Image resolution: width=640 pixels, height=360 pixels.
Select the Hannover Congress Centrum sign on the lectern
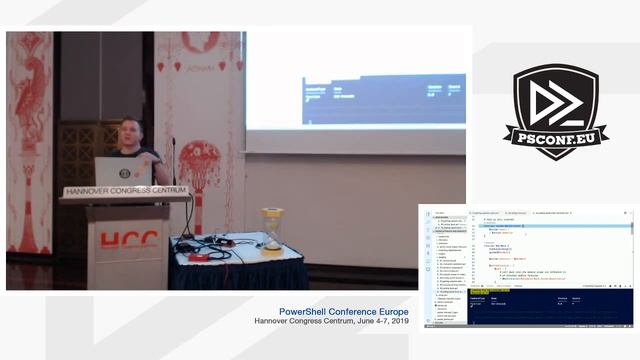click(x=125, y=191)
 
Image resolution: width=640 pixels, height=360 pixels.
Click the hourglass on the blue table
click(x=272, y=229)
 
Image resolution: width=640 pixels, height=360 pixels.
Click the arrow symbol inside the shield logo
click(x=556, y=100)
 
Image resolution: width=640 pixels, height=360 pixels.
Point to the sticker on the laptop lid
click(x=125, y=173)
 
